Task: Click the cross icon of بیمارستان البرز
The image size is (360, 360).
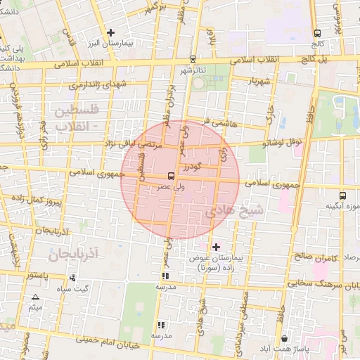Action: (x=110, y=32)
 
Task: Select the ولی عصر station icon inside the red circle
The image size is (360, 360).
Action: (x=171, y=176)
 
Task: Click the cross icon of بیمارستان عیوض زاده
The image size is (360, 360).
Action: (x=216, y=247)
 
